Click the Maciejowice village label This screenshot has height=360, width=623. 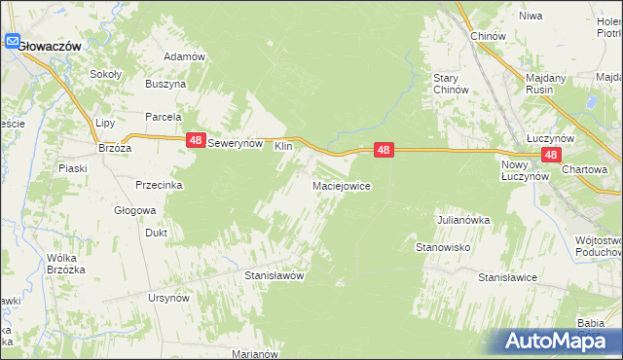coord(341,185)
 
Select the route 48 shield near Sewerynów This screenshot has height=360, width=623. coord(197,141)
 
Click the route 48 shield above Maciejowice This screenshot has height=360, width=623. coord(385,150)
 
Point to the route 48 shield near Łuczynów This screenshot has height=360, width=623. coord(552,155)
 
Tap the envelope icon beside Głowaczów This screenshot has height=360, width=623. coord(13,42)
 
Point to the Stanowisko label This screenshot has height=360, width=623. coord(444,248)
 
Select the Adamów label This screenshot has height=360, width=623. coord(184,56)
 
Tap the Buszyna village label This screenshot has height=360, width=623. coord(165,85)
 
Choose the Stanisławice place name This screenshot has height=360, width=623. coord(507,277)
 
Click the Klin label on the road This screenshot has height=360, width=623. coord(283,146)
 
